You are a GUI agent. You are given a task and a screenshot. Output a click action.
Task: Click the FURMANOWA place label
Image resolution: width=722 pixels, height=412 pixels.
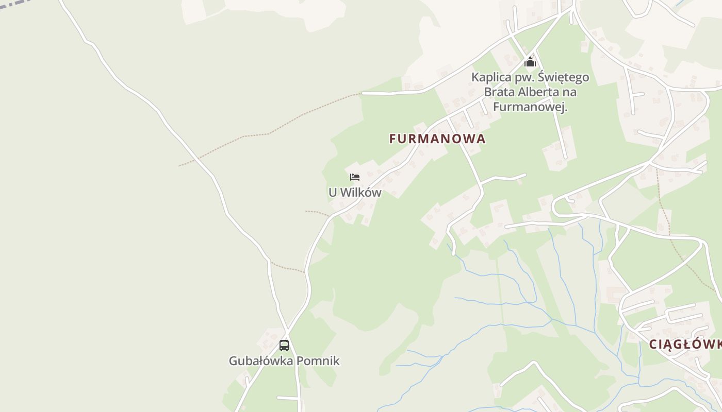coord(437,139)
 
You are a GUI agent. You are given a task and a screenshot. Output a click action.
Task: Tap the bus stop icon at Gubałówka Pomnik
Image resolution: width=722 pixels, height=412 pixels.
coord(284,345)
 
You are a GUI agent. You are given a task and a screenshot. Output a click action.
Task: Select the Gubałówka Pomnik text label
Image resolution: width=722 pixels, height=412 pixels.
coord(284,360)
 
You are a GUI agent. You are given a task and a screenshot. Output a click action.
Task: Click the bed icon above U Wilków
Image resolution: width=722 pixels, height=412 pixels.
coord(355,177)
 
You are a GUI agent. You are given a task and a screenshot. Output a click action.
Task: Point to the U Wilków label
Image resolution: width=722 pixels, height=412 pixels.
coord(355,193)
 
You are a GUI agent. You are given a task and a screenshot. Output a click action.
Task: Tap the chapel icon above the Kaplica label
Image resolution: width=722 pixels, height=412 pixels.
coord(530,62)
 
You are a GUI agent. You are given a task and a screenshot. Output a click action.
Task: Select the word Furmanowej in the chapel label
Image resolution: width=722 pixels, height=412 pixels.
coord(530,107)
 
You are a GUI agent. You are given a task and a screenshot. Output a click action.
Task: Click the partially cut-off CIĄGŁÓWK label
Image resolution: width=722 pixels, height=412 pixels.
coord(685,344)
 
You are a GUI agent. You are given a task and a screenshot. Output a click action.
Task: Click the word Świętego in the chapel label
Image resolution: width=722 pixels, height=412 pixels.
coord(564,78)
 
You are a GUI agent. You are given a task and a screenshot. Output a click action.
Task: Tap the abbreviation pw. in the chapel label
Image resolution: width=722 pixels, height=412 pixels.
coord(525,78)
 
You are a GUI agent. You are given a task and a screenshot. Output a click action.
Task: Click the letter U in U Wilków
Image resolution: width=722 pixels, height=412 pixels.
coord(333,193)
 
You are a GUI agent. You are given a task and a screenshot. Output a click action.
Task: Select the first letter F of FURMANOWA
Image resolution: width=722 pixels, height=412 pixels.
coord(393,139)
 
